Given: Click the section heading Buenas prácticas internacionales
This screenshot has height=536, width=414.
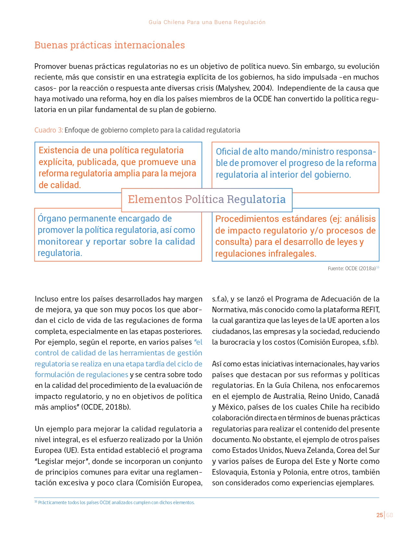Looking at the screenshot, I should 109,45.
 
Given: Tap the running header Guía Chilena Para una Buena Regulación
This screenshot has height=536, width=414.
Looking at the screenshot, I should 207,22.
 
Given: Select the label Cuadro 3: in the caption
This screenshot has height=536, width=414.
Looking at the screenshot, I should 49,130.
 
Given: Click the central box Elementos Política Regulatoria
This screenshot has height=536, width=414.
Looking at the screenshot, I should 207,199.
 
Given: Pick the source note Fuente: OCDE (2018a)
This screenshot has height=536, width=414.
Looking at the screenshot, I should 352,268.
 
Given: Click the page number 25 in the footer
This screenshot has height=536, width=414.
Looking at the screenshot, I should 379,515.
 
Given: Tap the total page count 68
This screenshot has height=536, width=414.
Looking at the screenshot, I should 390,515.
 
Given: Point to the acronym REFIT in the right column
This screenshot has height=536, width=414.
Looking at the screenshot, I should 370,310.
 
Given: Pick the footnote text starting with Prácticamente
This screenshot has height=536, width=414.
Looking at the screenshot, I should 116,503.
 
